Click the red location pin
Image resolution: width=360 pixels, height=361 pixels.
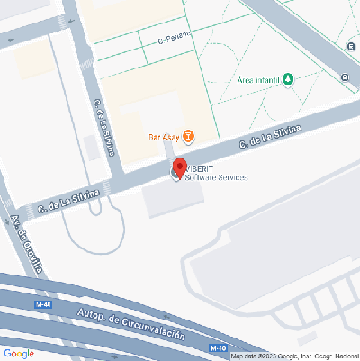pos(179,167)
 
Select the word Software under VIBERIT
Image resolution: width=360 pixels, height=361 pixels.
pos(202,177)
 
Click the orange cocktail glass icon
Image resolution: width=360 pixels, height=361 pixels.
pos(187,137)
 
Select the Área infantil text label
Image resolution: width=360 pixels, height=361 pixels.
pos(258,80)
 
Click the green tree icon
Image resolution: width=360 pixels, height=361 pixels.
pos(288,79)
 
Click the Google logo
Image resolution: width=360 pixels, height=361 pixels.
pos(19,353)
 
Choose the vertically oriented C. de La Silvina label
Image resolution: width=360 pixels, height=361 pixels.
pos(103,129)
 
